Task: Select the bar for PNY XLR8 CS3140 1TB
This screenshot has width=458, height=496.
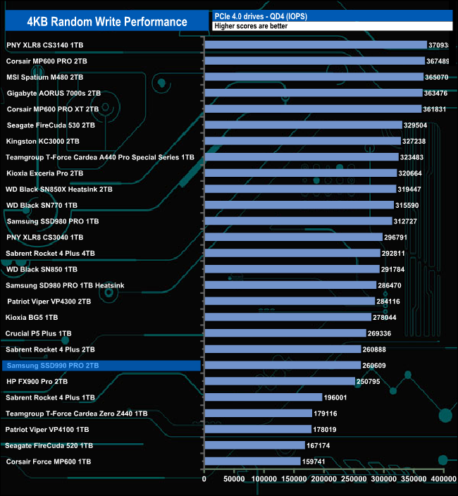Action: [316, 44]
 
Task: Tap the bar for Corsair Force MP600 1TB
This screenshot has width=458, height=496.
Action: [252, 461]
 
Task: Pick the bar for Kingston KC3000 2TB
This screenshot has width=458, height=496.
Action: [302, 141]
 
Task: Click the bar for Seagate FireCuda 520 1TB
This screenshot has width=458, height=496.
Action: [254, 445]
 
